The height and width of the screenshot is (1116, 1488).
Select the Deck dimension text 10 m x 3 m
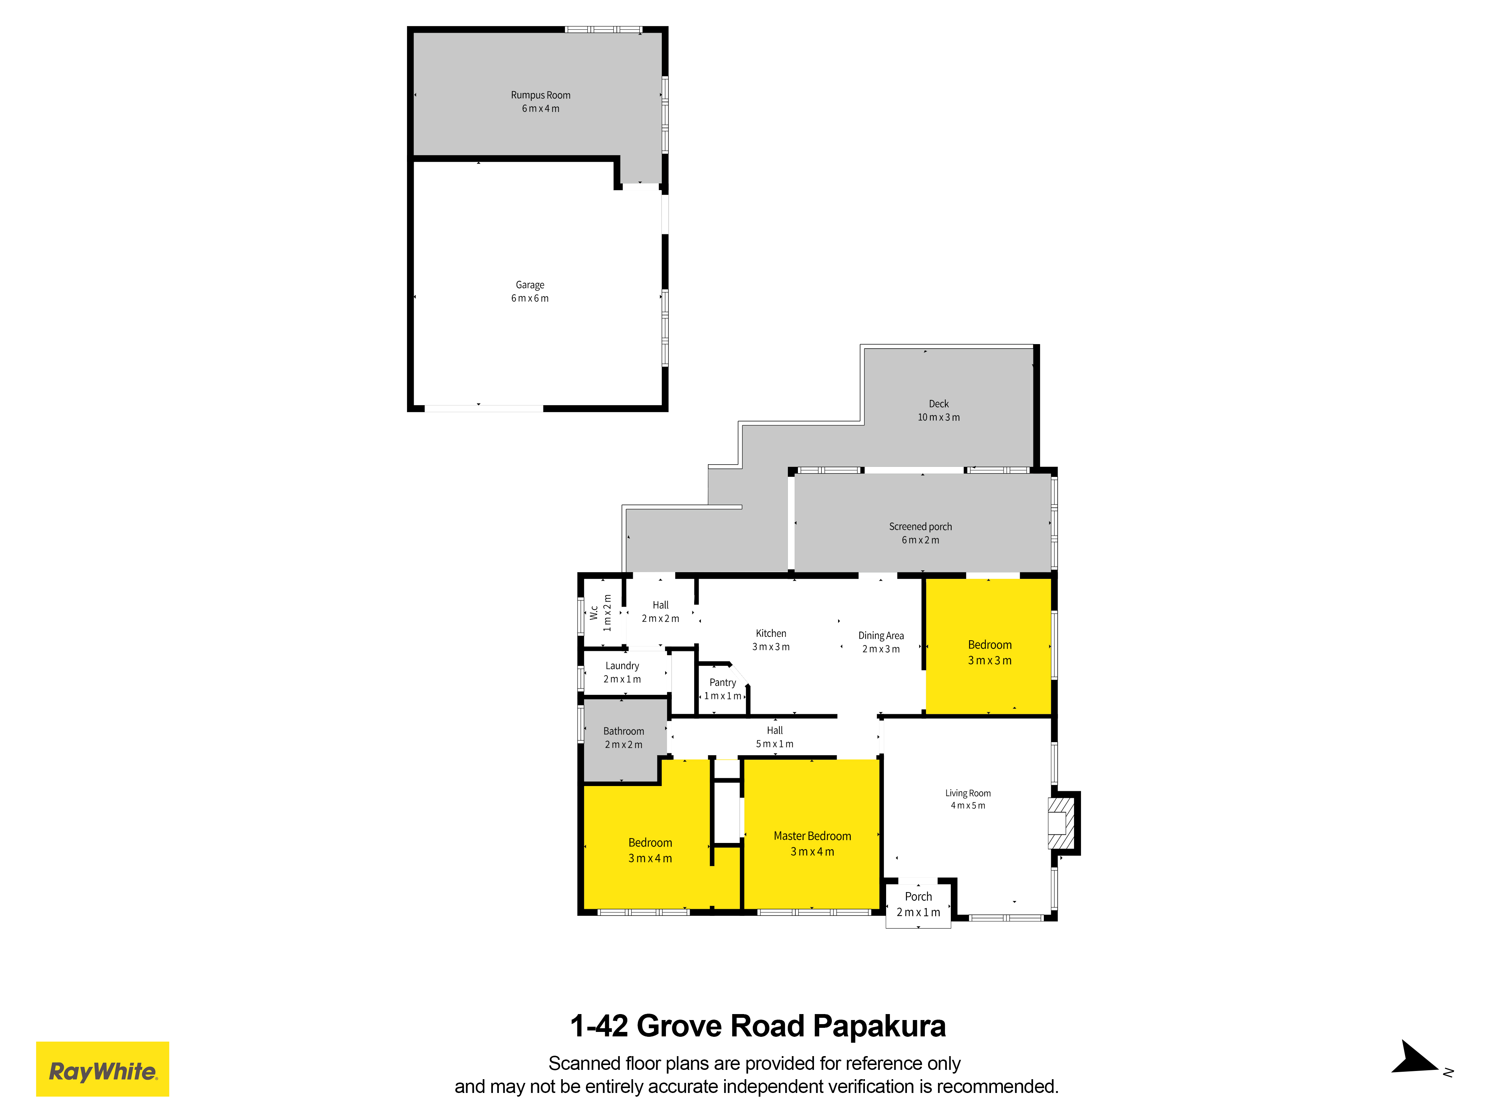(x=939, y=417)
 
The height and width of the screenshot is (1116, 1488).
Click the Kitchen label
(x=771, y=634)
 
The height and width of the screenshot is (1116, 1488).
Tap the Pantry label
(x=722, y=683)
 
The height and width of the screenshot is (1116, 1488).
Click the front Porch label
(x=918, y=897)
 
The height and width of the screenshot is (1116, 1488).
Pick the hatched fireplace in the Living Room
(x=1062, y=823)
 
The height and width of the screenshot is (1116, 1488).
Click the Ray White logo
(x=102, y=1069)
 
